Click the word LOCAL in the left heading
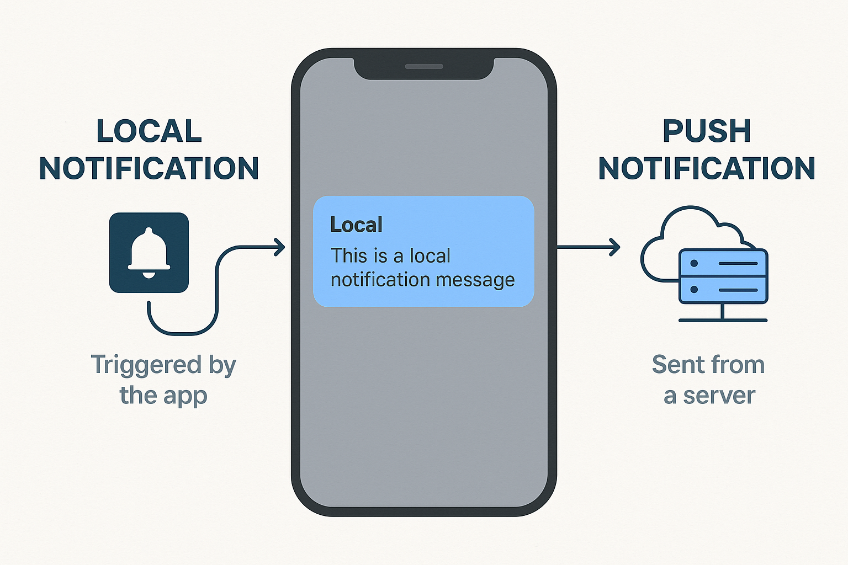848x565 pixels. [x=149, y=131]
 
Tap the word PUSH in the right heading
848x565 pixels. [x=707, y=131]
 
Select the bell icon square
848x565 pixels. [x=149, y=253]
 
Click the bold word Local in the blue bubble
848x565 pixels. [x=356, y=225]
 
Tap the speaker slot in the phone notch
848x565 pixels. [x=424, y=67]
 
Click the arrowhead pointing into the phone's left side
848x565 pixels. [x=280, y=247]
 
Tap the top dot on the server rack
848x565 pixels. [x=694, y=263]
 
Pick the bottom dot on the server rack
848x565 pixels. [x=694, y=290]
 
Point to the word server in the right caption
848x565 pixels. [x=719, y=396]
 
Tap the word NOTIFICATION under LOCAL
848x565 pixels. [x=149, y=169]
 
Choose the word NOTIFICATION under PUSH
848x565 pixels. [x=707, y=169]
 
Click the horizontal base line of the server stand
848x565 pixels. [x=723, y=320]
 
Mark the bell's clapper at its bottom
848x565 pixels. [x=149, y=274]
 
